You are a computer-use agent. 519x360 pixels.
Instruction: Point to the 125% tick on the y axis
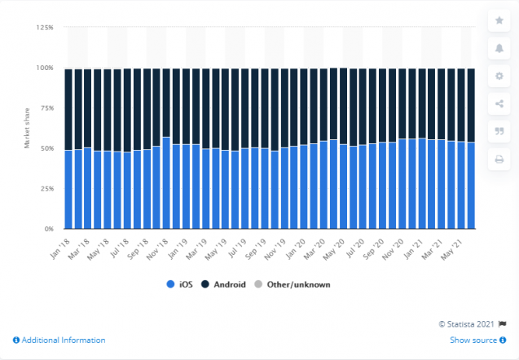[x=46, y=28]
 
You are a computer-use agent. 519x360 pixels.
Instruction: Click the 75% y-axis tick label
[x=47, y=108]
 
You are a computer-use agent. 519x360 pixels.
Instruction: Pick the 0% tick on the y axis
[x=50, y=230]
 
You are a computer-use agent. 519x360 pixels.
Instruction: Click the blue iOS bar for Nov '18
[x=166, y=183]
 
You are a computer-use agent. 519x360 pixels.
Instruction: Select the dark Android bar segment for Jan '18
[x=68, y=109]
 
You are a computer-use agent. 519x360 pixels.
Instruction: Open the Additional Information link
[x=59, y=340]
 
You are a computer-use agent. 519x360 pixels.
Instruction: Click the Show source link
[x=474, y=340]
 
